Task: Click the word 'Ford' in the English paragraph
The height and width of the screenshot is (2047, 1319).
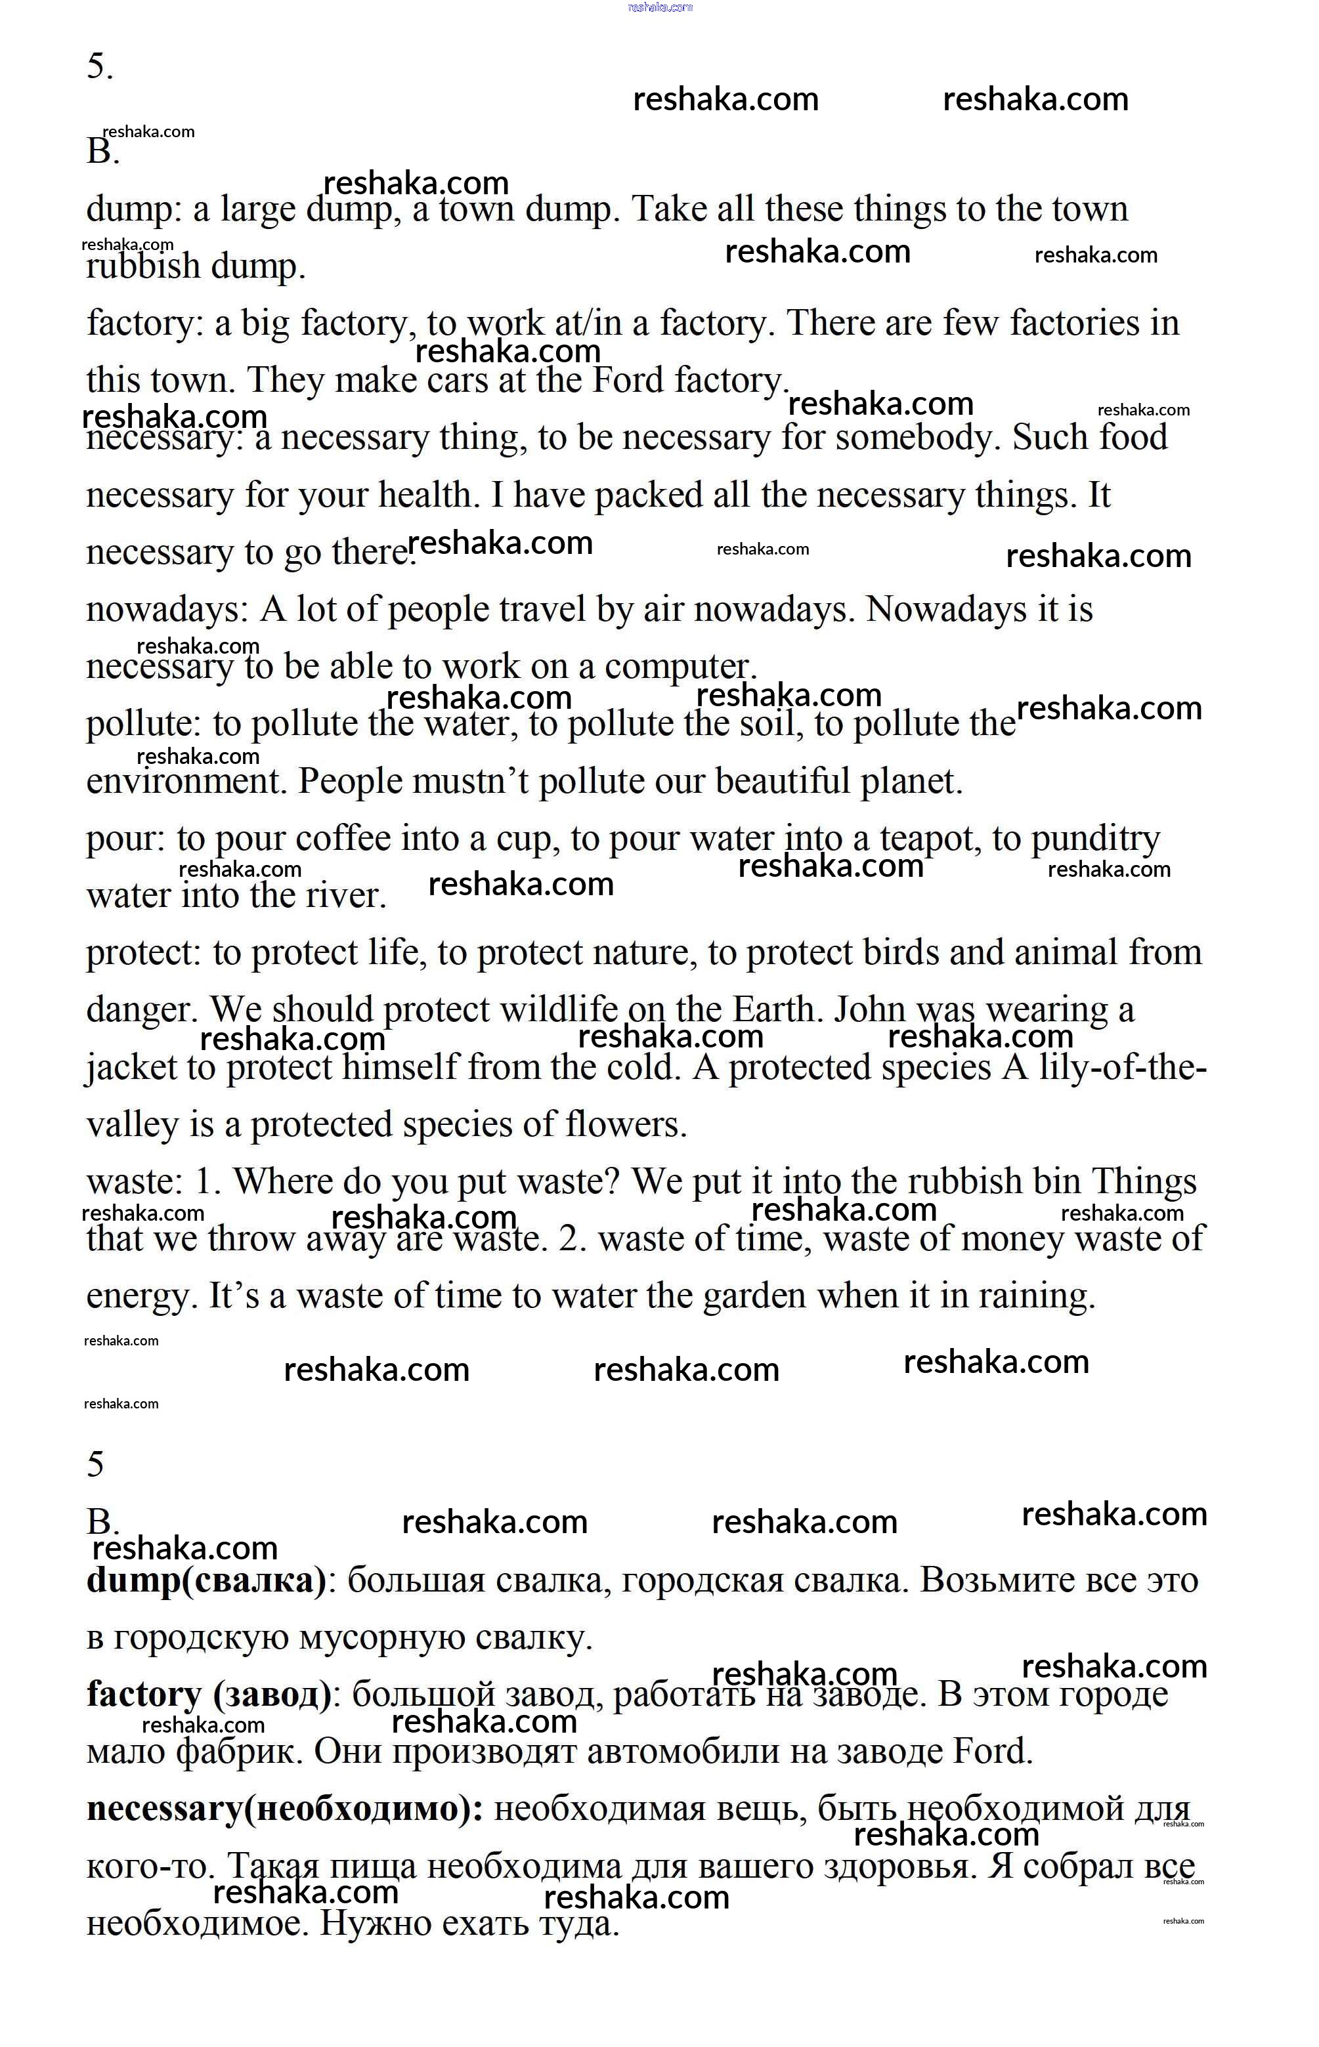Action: click(x=628, y=379)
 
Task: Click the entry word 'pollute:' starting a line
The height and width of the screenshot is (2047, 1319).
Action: click(x=144, y=723)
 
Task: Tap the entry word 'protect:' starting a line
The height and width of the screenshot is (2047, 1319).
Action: click(x=144, y=952)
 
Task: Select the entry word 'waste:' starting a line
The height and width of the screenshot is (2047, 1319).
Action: click(x=135, y=1181)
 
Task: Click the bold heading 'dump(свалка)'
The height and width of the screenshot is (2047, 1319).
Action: click(x=206, y=1580)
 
